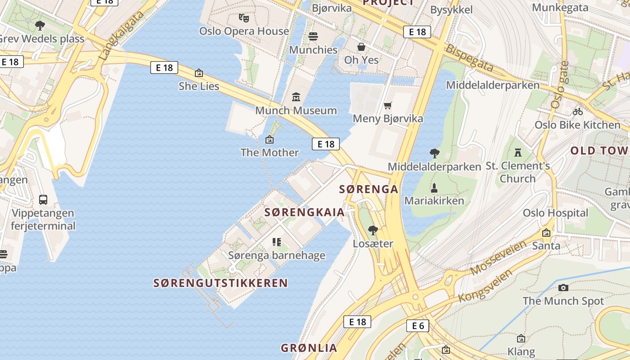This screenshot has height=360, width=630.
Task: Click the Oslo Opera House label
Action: [x=244, y=31]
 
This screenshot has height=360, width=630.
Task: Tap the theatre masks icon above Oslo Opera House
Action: [x=244, y=18]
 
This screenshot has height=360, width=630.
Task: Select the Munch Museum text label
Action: [x=296, y=110]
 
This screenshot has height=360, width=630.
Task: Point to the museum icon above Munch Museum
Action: [x=296, y=97]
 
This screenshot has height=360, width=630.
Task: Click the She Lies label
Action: [x=199, y=86]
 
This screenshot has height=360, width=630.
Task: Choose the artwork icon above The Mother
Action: [x=270, y=139]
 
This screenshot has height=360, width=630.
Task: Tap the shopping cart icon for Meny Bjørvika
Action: [x=388, y=105]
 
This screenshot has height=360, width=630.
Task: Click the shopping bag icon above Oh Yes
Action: [x=361, y=47]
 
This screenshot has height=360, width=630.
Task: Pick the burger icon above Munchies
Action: [x=313, y=36]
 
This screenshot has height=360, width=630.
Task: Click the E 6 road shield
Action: [x=418, y=326]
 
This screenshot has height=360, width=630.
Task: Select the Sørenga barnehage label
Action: [x=277, y=256]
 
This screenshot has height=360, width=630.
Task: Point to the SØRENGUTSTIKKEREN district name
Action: [x=220, y=283]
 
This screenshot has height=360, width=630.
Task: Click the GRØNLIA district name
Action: [x=309, y=348]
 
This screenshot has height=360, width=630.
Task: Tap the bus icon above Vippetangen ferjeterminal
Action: [x=43, y=199]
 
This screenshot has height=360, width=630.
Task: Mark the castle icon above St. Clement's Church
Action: [x=518, y=153]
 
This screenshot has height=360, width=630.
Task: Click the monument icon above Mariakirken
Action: [x=434, y=188]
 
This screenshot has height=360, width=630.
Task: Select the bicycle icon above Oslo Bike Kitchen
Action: [x=577, y=111]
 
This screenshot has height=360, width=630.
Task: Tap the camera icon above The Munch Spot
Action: [x=563, y=288]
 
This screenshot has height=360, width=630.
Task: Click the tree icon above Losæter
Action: [x=373, y=230]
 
